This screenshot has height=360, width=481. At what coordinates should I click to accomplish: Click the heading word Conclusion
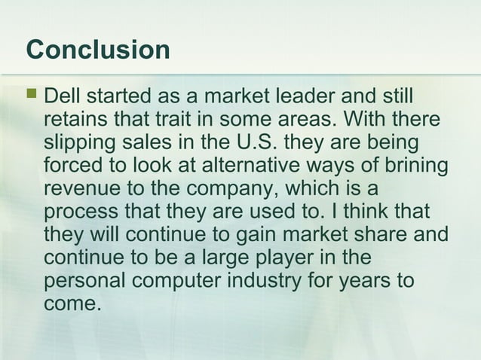pos(98,50)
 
